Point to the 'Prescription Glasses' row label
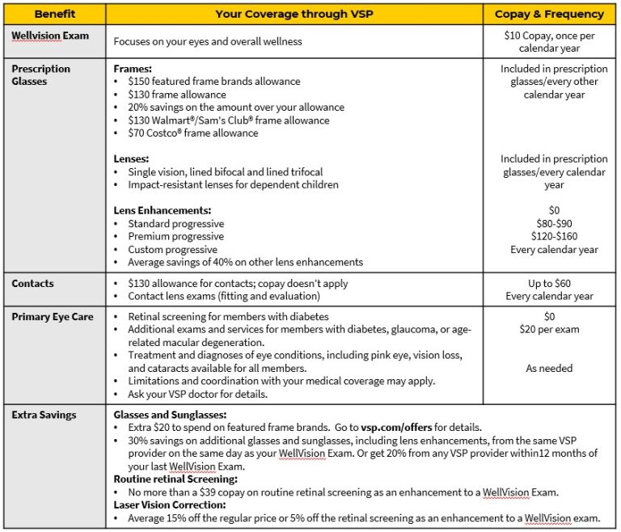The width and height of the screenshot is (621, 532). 41,75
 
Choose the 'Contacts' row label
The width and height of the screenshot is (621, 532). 33,285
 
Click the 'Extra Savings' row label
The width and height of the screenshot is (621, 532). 44,415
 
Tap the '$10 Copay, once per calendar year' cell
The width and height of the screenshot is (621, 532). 554,43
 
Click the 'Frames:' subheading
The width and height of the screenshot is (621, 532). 133,70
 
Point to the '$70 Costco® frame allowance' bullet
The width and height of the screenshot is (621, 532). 193,133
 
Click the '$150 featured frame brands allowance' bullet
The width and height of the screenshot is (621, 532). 214,82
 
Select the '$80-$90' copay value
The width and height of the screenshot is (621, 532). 554,224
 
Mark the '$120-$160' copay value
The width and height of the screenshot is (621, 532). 554,237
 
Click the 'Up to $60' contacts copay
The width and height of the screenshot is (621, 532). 554,284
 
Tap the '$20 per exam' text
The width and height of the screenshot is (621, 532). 554,330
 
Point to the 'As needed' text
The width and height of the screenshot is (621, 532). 549,369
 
